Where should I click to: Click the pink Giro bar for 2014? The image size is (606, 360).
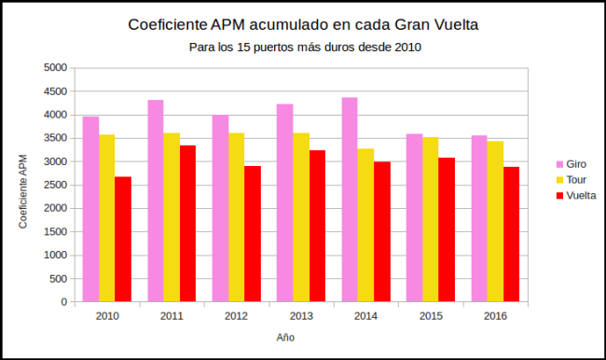pyautogui.click(x=350, y=200)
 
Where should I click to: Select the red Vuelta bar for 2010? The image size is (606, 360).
pyautogui.click(x=123, y=239)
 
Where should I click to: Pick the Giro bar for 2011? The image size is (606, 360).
pyautogui.click(x=156, y=201)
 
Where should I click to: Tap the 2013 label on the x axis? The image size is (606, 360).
pyautogui.click(x=301, y=317)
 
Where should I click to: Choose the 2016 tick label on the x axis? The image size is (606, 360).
pyautogui.click(x=495, y=317)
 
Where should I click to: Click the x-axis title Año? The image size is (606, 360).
pyautogui.click(x=285, y=338)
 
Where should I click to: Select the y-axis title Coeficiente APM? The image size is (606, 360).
pyautogui.click(x=23, y=191)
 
